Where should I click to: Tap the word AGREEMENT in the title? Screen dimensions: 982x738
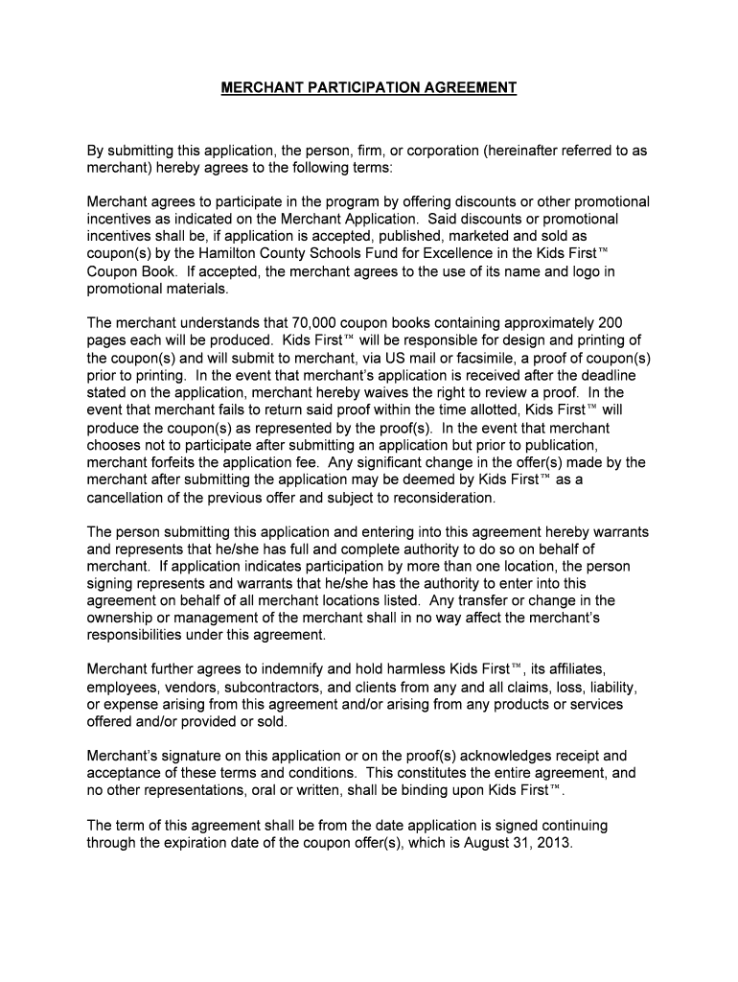(x=471, y=88)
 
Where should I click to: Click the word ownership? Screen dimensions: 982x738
(x=124, y=619)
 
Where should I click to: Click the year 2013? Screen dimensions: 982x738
(x=552, y=844)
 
